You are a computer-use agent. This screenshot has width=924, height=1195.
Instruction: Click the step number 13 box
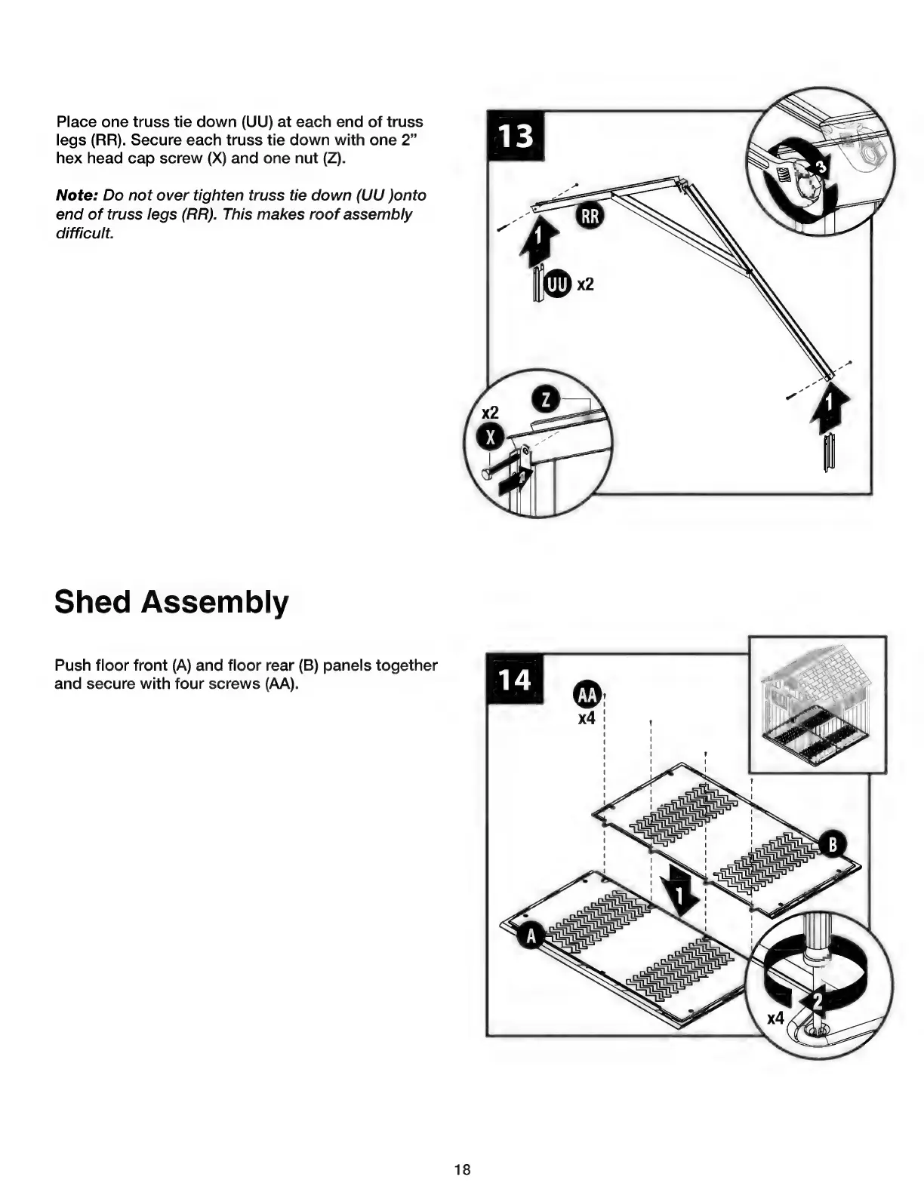[516, 136]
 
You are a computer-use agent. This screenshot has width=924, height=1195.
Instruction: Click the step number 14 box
[516, 679]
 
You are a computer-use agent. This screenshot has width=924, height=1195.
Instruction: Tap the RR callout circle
[590, 217]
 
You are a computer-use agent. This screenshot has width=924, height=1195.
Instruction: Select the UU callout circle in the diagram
[557, 284]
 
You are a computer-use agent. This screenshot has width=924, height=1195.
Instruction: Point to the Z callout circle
[546, 400]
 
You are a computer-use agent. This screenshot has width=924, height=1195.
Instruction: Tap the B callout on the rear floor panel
[833, 843]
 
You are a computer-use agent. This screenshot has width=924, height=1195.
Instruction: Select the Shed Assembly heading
[171, 602]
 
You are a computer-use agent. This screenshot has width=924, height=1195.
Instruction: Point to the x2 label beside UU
[585, 284]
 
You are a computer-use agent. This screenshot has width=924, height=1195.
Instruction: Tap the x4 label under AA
[587, 718]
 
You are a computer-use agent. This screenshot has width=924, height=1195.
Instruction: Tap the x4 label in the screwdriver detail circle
[775, 1018]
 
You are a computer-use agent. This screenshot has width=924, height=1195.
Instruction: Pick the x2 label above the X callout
[491, 413]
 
